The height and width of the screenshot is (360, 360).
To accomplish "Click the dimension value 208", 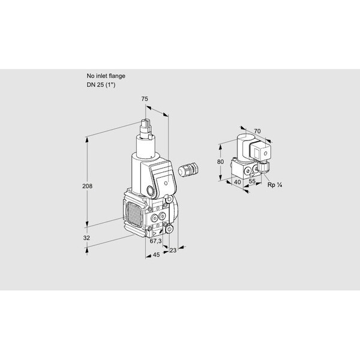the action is (87, 186).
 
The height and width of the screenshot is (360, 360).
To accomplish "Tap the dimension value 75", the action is (145, 99).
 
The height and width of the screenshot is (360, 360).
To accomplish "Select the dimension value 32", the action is (86, 238).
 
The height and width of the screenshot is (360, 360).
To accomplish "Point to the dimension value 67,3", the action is (155, 241).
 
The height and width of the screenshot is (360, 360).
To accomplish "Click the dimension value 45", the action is (156, 254).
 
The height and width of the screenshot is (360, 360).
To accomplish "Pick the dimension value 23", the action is (173, 250).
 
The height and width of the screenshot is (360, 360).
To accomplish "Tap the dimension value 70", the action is (257, 131).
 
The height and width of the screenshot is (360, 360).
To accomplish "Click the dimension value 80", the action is (220, 162).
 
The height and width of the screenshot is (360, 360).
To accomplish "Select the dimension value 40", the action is (237, 182).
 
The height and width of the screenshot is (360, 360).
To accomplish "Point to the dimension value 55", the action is (252, 181).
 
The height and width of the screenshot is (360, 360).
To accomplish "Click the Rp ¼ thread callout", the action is (275, 185).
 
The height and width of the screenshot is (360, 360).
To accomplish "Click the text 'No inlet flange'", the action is (106, 76).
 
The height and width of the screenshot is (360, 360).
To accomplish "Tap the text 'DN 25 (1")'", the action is (101, 85).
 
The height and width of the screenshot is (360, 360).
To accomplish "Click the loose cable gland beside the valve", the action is (188, 169).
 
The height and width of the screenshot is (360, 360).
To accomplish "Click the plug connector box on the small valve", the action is (260, 151).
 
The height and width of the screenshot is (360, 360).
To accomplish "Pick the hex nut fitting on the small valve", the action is (264, 166).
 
